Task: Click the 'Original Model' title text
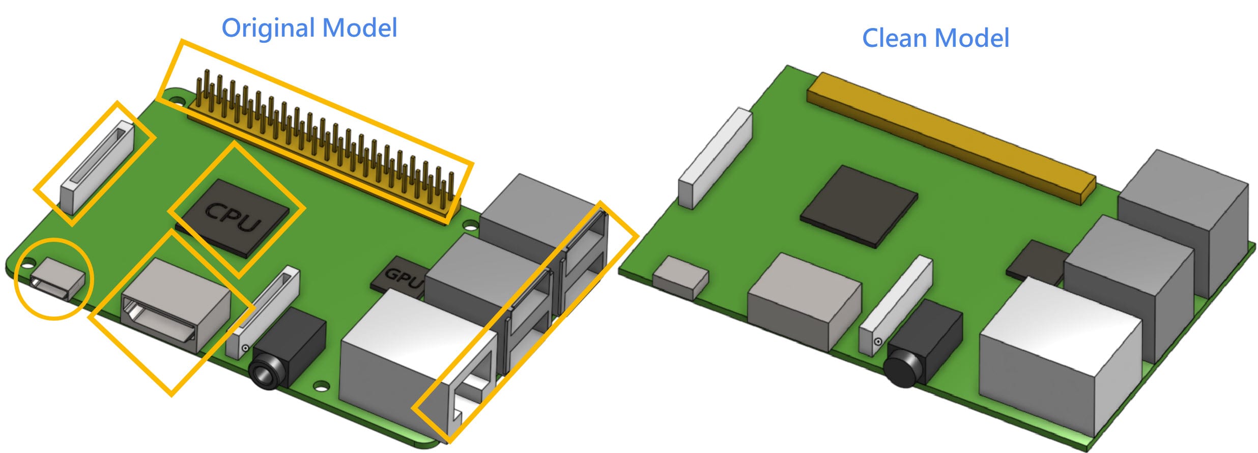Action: [x=309, y=27]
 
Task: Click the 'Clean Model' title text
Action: [x=935, y=38]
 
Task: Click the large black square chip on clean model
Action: [x=859, y=206]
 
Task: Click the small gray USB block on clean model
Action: [x=680, y=277]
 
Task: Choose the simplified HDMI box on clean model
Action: [x=804, y=300]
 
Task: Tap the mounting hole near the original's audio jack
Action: [x=321, y=385]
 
